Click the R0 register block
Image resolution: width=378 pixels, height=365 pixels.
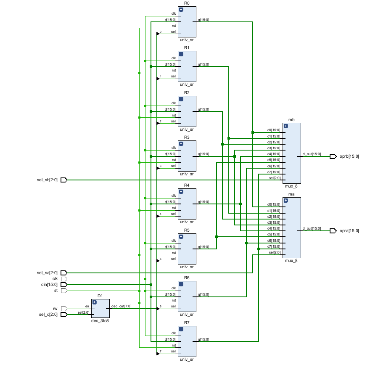[187, 22]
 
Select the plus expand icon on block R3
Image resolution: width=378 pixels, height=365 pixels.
[181, 144]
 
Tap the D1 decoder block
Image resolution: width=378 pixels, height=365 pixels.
[100, 308]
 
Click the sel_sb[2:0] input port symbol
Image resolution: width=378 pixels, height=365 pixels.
[64, 180]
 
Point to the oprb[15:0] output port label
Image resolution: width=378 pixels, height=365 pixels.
[349, 156]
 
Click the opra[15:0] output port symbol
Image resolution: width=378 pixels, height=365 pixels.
[333, 231]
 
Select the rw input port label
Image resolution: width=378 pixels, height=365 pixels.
[55, 309]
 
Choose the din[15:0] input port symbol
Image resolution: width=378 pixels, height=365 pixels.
[64, 285]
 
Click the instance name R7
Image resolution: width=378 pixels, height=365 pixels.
[187, 323]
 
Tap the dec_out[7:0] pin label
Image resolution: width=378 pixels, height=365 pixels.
[121, 306]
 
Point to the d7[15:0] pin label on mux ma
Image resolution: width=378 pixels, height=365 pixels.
[274, 246]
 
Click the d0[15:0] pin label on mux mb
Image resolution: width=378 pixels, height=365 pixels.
[274, 130]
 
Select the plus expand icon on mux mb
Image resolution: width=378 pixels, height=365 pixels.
[285, 126]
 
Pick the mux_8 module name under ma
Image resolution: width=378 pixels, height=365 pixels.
[291, 261]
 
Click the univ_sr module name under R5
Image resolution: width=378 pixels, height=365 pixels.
[187, 267]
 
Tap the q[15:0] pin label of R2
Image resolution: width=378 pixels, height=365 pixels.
[204, 109]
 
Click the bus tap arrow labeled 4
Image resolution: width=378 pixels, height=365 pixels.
[158, 216]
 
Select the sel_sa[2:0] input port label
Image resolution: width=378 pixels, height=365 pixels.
[47, 272]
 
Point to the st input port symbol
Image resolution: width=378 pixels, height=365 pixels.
[64, 291]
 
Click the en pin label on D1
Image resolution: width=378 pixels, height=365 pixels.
[87, 306]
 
